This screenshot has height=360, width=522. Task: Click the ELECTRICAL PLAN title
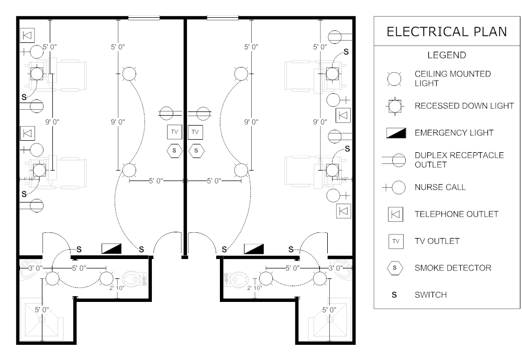447,32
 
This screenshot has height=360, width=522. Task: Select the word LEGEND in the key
447,55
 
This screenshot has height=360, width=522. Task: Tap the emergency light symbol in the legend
396,133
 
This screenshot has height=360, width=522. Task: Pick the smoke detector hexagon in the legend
395,268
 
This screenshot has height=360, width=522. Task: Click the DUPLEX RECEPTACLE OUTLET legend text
459,160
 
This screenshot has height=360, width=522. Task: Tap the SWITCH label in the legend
430,295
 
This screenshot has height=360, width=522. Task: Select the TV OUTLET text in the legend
437,241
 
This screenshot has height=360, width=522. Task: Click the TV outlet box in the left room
174,132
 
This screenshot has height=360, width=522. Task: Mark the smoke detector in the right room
196,151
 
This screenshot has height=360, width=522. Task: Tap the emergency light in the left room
112,249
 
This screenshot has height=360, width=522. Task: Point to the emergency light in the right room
254,249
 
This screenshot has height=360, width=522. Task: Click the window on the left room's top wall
144,18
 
